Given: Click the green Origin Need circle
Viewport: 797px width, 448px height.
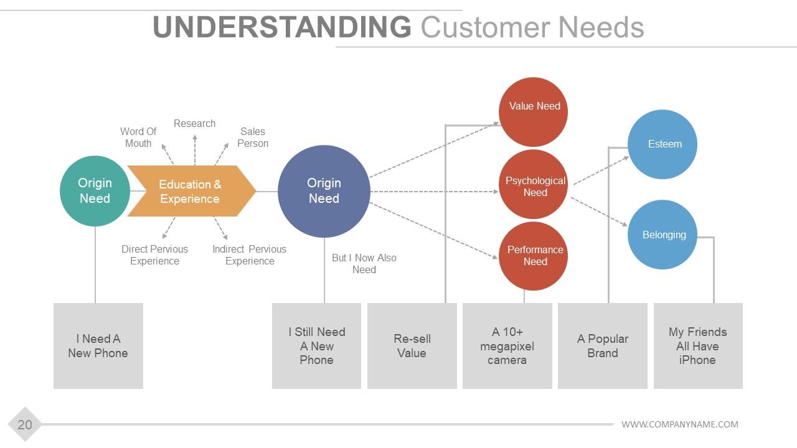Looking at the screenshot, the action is point(95,191).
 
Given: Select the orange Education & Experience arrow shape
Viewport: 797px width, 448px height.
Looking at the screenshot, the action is point(192,191).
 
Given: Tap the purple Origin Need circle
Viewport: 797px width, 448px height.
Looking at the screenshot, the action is point(324,191).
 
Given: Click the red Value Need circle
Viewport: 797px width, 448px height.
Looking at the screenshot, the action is point(533,112).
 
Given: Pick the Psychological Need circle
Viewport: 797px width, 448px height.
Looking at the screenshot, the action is point(533,184).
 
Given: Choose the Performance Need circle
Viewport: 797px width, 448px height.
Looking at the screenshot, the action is point(533,256).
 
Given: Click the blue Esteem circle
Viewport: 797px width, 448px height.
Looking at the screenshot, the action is point(662,144).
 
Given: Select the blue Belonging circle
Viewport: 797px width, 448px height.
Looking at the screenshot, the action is point(662,235).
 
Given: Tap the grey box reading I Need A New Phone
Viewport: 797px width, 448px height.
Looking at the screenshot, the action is point(98,345).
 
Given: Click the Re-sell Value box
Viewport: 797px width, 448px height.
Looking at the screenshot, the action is point(412,345).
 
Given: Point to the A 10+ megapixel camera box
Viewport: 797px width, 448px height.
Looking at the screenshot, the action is point(507,345).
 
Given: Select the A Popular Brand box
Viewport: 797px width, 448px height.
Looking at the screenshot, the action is point(603,345).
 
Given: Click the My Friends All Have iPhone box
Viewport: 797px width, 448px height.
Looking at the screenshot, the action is point(698,345).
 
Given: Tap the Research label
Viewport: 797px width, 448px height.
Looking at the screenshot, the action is point(195,123).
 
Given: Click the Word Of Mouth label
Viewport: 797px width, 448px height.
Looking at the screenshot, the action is point(138,138).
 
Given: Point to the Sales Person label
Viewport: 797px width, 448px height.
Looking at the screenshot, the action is point(253,138).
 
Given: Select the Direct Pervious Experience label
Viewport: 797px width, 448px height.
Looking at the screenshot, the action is point(154,255).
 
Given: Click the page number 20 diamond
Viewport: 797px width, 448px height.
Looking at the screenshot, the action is point(25,424).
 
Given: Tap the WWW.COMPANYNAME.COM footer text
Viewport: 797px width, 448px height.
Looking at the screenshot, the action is point(680,424).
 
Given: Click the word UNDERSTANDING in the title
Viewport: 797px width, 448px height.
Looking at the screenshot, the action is point(282,27).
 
